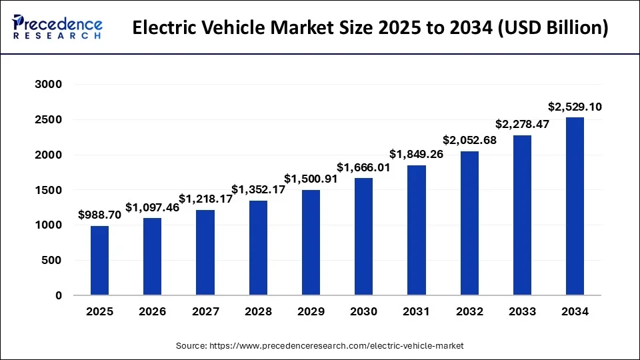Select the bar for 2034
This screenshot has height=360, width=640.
(575, 206)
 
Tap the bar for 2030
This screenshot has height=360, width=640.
(363, 236)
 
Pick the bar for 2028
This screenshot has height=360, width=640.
(258, 247)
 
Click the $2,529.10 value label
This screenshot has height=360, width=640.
(575, 107)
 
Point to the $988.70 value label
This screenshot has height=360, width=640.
(99, 215)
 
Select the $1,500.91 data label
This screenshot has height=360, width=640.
(311, 179)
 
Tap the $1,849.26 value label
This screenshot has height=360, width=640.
(416, 154)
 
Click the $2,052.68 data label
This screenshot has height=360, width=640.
(469, 140)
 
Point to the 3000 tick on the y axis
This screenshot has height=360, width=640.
(48, 85)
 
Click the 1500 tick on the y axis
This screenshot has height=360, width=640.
(48, 190)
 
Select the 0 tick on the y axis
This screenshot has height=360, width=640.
(58, 295)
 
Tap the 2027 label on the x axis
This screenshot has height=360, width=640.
(205, 311)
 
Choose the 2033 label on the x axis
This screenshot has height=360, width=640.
(522, 311)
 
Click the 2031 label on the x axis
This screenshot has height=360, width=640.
(416, 311)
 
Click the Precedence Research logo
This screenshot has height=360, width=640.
(57, 27)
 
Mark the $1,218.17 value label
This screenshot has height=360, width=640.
(205, 199)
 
